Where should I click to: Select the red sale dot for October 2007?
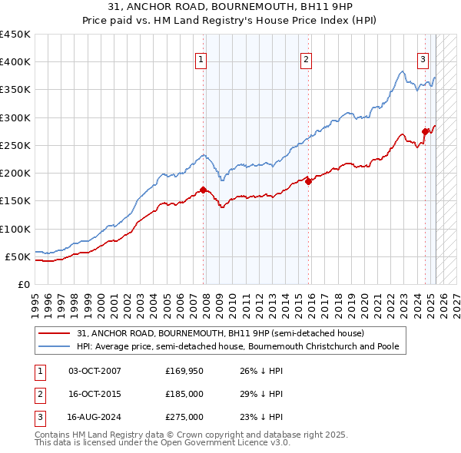tap(203, 190)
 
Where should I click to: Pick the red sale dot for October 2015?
tap(308, 181)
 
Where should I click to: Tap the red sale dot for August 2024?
tap(425, 131)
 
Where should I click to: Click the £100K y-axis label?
tap(15, 229)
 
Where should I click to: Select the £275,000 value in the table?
tap(184, 417)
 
